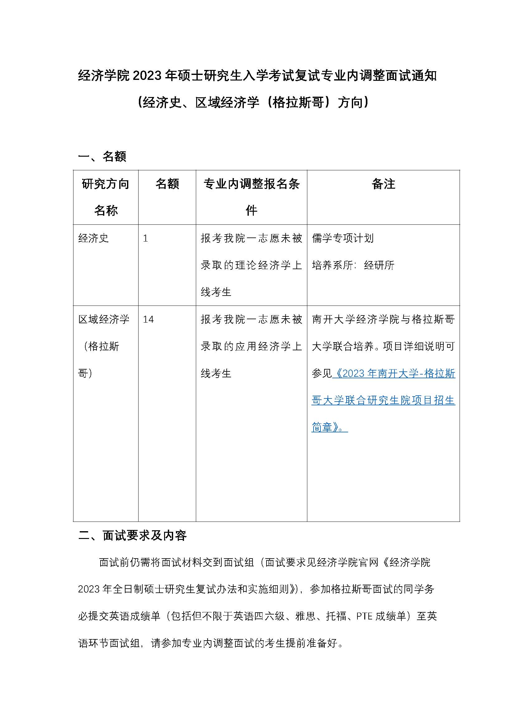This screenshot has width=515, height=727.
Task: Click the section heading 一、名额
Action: click(102, 156)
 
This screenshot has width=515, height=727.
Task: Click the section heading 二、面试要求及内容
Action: click(133, 536)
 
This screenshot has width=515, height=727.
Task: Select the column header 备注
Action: click(383, 184)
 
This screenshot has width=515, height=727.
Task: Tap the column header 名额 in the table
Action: click(167, 184)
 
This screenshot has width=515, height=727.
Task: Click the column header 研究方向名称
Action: click(106, 197)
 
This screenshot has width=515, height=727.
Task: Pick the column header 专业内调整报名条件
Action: click(251, 197)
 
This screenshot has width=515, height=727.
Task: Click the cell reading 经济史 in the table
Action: click(93, 238)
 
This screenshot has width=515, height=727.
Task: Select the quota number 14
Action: click(148, 319)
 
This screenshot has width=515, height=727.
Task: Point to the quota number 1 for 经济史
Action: click(145, 238)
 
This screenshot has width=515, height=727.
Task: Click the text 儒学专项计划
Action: click(343, 238)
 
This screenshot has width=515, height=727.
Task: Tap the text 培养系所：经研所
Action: click(353, 265)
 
